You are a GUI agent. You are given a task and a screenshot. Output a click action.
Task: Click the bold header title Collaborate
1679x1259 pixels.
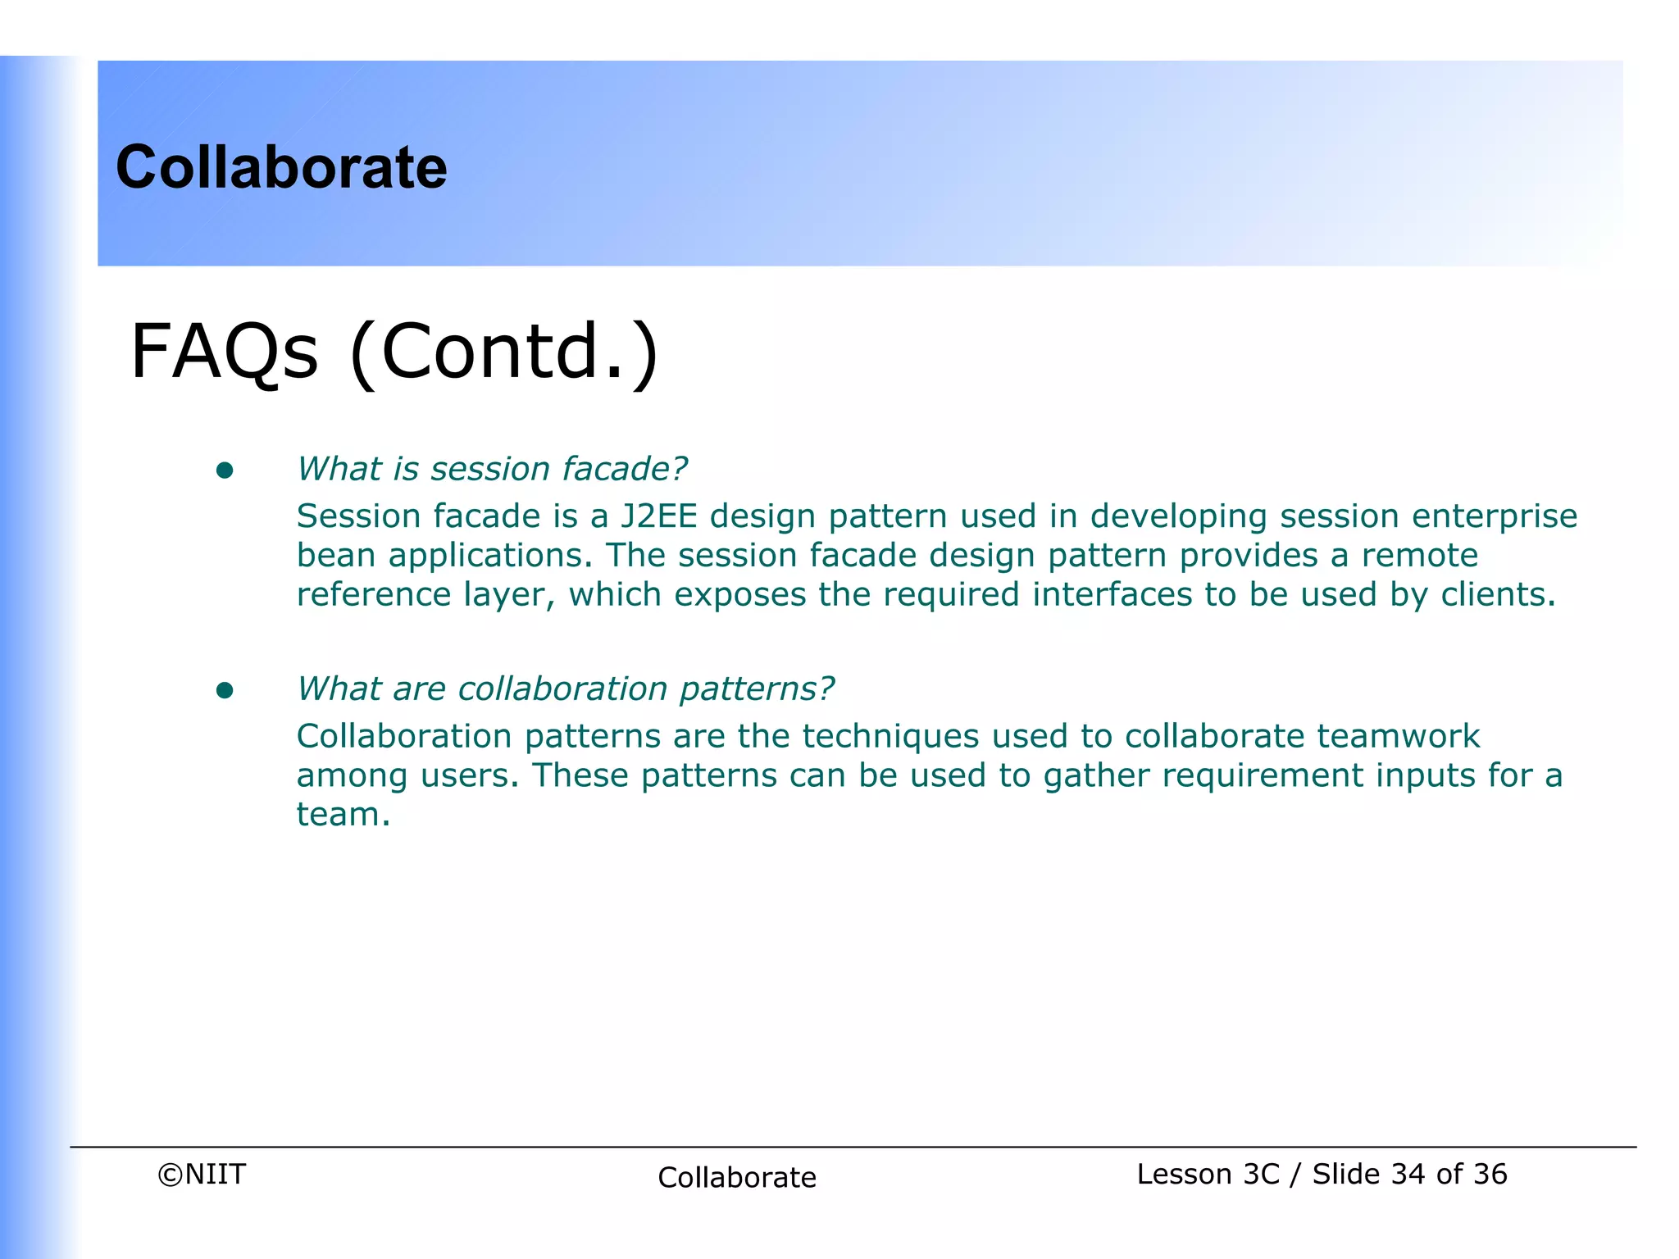coord(281,167)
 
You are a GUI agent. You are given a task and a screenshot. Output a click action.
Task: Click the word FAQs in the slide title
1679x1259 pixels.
coord(224,352)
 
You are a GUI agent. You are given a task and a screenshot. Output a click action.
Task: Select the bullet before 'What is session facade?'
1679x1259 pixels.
coord(225,470)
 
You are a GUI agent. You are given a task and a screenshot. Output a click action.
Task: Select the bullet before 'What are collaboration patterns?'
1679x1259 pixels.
coord(225,690)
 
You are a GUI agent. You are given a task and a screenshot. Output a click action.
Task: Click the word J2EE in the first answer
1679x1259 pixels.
coord(658,516)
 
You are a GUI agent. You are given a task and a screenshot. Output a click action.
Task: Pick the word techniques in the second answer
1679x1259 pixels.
coord(890,737)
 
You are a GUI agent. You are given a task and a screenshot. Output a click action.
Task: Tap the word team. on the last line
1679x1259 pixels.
coord(343,815)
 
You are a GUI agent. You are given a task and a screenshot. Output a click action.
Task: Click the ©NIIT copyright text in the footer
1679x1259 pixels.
coord(202,1175)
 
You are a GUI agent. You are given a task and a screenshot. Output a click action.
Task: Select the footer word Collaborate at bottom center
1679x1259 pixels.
coord(736,1178)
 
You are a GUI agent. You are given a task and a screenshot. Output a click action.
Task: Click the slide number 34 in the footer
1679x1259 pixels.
coord(1408,1175)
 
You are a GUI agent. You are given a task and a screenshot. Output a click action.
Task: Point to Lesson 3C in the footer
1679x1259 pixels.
coord(1208,1175)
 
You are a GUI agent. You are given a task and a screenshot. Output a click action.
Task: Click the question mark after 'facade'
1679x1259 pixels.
coord(680,469)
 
